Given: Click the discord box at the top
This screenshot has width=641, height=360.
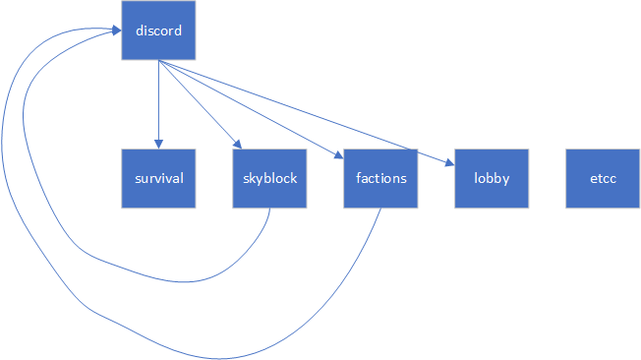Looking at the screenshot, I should click(x=158, y=30).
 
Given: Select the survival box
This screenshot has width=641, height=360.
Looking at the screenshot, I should click(x=158, y=178).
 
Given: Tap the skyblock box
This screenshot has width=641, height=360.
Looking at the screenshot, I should click(x=269, y=178).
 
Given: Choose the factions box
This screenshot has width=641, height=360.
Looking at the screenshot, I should click(x=380, y=178).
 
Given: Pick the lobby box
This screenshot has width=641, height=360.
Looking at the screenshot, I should click(x=492, y=178).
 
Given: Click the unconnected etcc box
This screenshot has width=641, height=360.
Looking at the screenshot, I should click(x=603, y=178).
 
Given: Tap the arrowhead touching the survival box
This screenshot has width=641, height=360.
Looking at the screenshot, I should click(x=158, y=144).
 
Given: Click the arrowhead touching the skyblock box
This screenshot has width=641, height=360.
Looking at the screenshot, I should click(x=236, y=145).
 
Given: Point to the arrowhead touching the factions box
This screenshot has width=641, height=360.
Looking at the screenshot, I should click(x=339, y=155).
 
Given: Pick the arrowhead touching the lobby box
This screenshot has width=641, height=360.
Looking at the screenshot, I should click(x=450, y=161).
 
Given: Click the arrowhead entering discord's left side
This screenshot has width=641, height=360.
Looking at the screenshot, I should click(x=116, y=31).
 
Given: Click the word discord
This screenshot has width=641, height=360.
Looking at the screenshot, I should click(x=158, y=30).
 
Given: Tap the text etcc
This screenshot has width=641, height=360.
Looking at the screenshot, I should click(x=603, y=179).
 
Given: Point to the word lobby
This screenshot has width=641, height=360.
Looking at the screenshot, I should click(x=492, y=179).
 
